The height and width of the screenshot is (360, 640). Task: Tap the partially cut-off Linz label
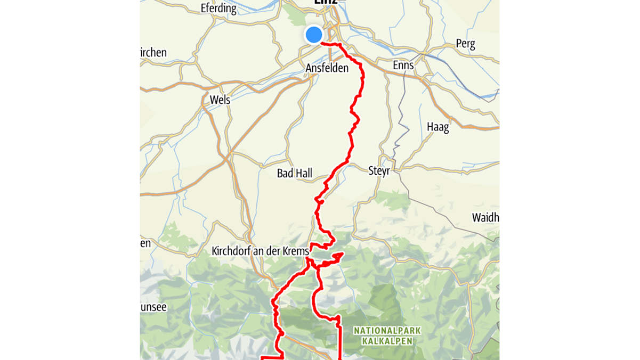(326, 3)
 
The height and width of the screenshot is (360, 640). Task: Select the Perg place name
(465, 45)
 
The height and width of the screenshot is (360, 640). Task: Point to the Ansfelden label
(327, 68)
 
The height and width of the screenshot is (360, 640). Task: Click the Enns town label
(403, 65)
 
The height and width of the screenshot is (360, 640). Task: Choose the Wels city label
(220, 100)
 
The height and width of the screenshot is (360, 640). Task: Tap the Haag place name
(438, 127)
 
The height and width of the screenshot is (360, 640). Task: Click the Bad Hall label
(294, 174)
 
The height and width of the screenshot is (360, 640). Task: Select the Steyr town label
(379, 171)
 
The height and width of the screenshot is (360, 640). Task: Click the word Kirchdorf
(231, 250)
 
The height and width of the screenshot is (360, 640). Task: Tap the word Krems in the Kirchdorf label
(297, 250)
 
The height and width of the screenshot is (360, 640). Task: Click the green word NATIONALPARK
(387, 331)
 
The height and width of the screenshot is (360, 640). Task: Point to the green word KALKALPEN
(387, 341)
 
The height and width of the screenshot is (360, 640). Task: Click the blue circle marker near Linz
(314, 35)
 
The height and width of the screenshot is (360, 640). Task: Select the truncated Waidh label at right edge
(485, 217)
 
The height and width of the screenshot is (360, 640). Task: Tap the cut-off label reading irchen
(153, 52)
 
